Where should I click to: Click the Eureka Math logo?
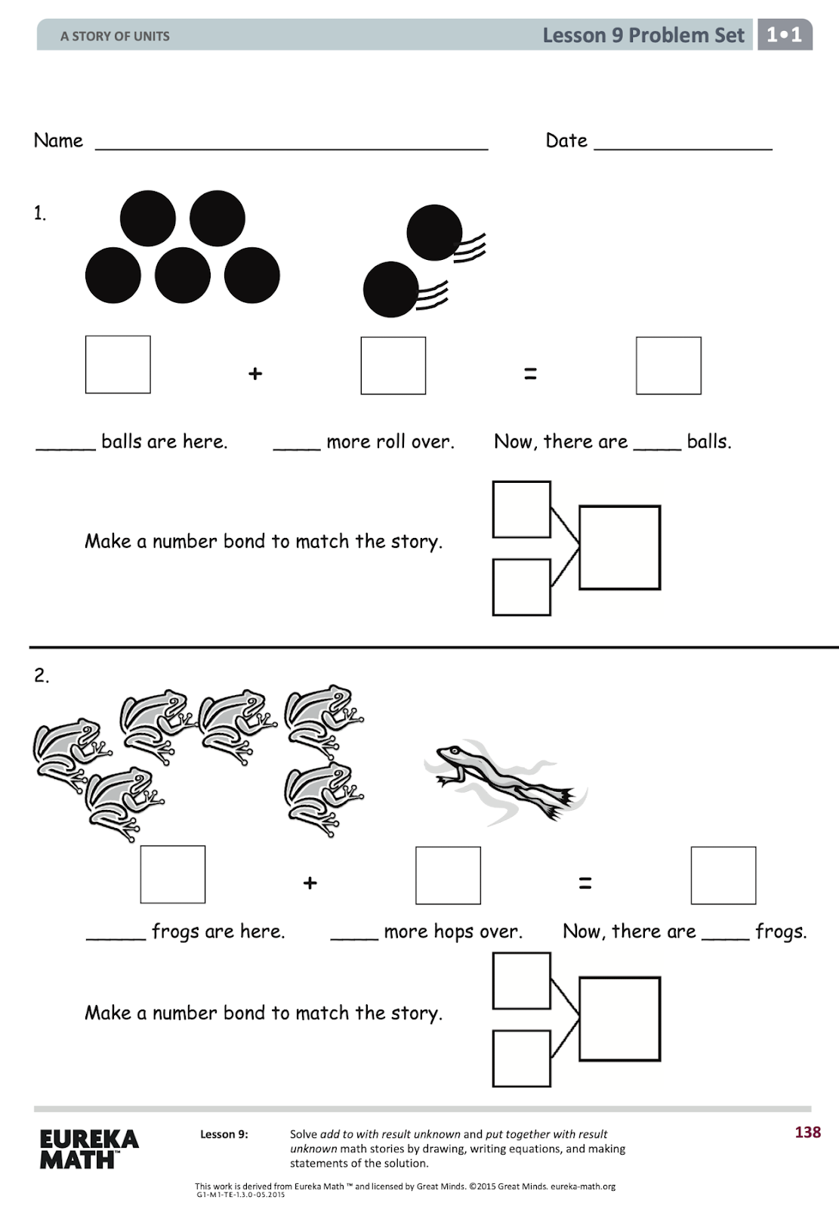tap(88, 1149)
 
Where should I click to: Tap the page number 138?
tap(807, 1132)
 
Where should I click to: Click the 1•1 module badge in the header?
tap(785, 35)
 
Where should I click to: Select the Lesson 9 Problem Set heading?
tap(643, 36)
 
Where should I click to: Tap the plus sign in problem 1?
tap(255, 373)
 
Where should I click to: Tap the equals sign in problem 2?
tap(585, 883)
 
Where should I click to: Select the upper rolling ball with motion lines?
tap(434, 233)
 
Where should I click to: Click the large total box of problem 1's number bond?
tap(619, 548)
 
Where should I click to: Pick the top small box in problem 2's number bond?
tap(521, 981)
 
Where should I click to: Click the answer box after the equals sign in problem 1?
tap(668, 366)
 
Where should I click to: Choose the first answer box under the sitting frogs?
tap(173, 874)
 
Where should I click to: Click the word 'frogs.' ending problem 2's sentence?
tap(781, 932)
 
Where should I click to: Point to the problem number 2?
tap(41, 675)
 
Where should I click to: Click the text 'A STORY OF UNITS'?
tap(115, 36)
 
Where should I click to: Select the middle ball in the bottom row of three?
tap(183, 275)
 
